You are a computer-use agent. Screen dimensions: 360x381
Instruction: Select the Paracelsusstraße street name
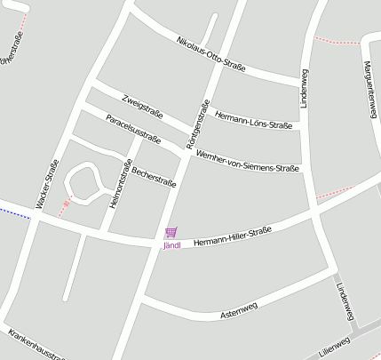132,129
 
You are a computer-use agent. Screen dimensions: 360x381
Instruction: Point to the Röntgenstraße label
198,124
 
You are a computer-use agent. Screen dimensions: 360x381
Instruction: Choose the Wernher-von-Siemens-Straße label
248,161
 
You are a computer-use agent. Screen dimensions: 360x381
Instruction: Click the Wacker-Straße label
46,185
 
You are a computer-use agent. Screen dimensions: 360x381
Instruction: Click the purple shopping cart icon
171,233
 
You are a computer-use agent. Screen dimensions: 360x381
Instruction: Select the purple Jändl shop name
171,245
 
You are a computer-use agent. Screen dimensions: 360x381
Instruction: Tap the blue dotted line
12,213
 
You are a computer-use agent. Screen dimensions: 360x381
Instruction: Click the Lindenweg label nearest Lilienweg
345,301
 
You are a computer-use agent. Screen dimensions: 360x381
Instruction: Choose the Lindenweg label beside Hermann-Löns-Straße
305,89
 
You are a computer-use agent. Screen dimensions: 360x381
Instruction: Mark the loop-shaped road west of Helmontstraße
82,182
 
